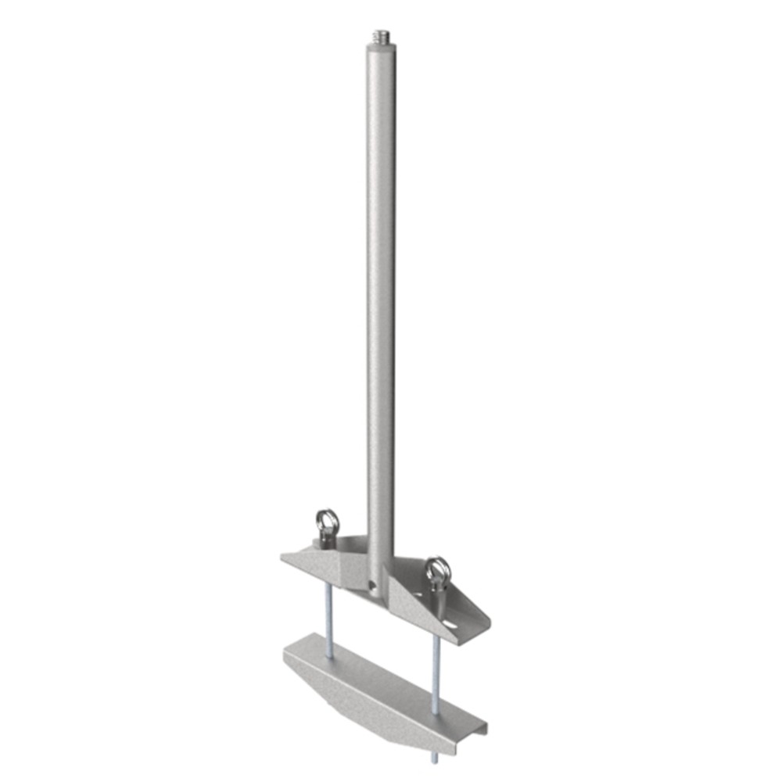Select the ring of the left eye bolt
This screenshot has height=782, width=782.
tap(327, 518)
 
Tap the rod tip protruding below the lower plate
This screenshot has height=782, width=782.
tap(433, 758)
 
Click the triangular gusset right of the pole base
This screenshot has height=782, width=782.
tap(407, 602)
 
